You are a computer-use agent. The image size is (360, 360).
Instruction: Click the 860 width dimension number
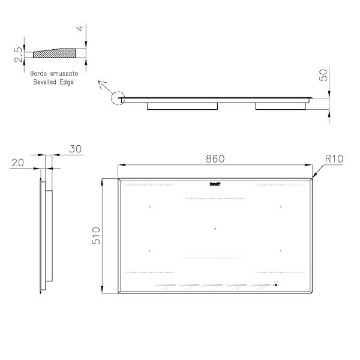click(x=215, y=159)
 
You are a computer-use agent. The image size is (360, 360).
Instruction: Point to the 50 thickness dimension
click(x=324, y=76)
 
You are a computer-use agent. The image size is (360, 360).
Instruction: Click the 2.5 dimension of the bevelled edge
click(x=19, y=55)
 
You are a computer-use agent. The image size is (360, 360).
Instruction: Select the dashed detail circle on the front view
click(x=118, y=98)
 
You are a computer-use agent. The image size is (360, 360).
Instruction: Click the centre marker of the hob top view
click(x=215, y=228)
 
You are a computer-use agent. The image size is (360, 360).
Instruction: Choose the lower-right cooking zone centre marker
click(x=281, y=250)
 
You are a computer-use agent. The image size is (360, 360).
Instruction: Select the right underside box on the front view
click(x=280, y=106)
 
